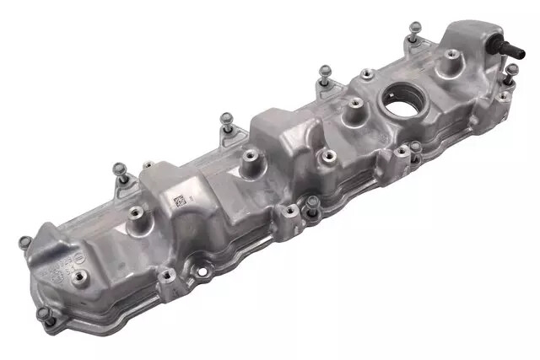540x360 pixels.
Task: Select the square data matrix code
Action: (x=180, y=201)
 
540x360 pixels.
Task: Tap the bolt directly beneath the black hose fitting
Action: (x=510, y=73)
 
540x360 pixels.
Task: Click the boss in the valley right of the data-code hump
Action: (x=251, y=156)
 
